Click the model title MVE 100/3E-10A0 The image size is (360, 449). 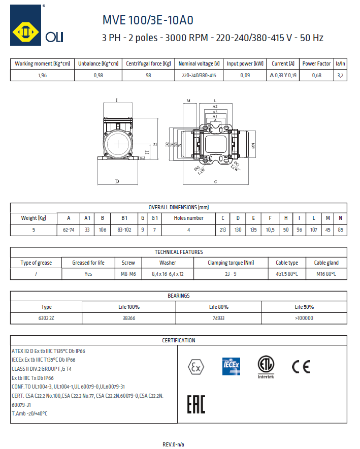point(147,20)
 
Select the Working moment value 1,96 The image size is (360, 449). point(42,76)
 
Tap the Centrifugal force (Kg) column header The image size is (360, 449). point(148,64)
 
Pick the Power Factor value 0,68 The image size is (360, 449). point(316,76)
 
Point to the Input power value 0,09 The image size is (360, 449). point(245,76)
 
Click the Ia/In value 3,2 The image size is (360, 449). point(340,76)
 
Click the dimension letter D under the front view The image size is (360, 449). point(117,181)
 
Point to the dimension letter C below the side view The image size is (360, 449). point(215,181)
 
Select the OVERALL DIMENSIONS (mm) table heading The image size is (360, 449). point(179,207)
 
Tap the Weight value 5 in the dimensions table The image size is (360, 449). point(33,230)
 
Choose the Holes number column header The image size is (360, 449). point(188,218)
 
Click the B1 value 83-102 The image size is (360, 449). point(124,230)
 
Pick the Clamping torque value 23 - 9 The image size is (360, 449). point(231,274)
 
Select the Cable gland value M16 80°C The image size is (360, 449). point(326,274)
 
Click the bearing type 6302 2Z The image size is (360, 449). point(46,318)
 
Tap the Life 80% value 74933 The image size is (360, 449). point(218,318)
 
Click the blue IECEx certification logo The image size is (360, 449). point(231,366)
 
